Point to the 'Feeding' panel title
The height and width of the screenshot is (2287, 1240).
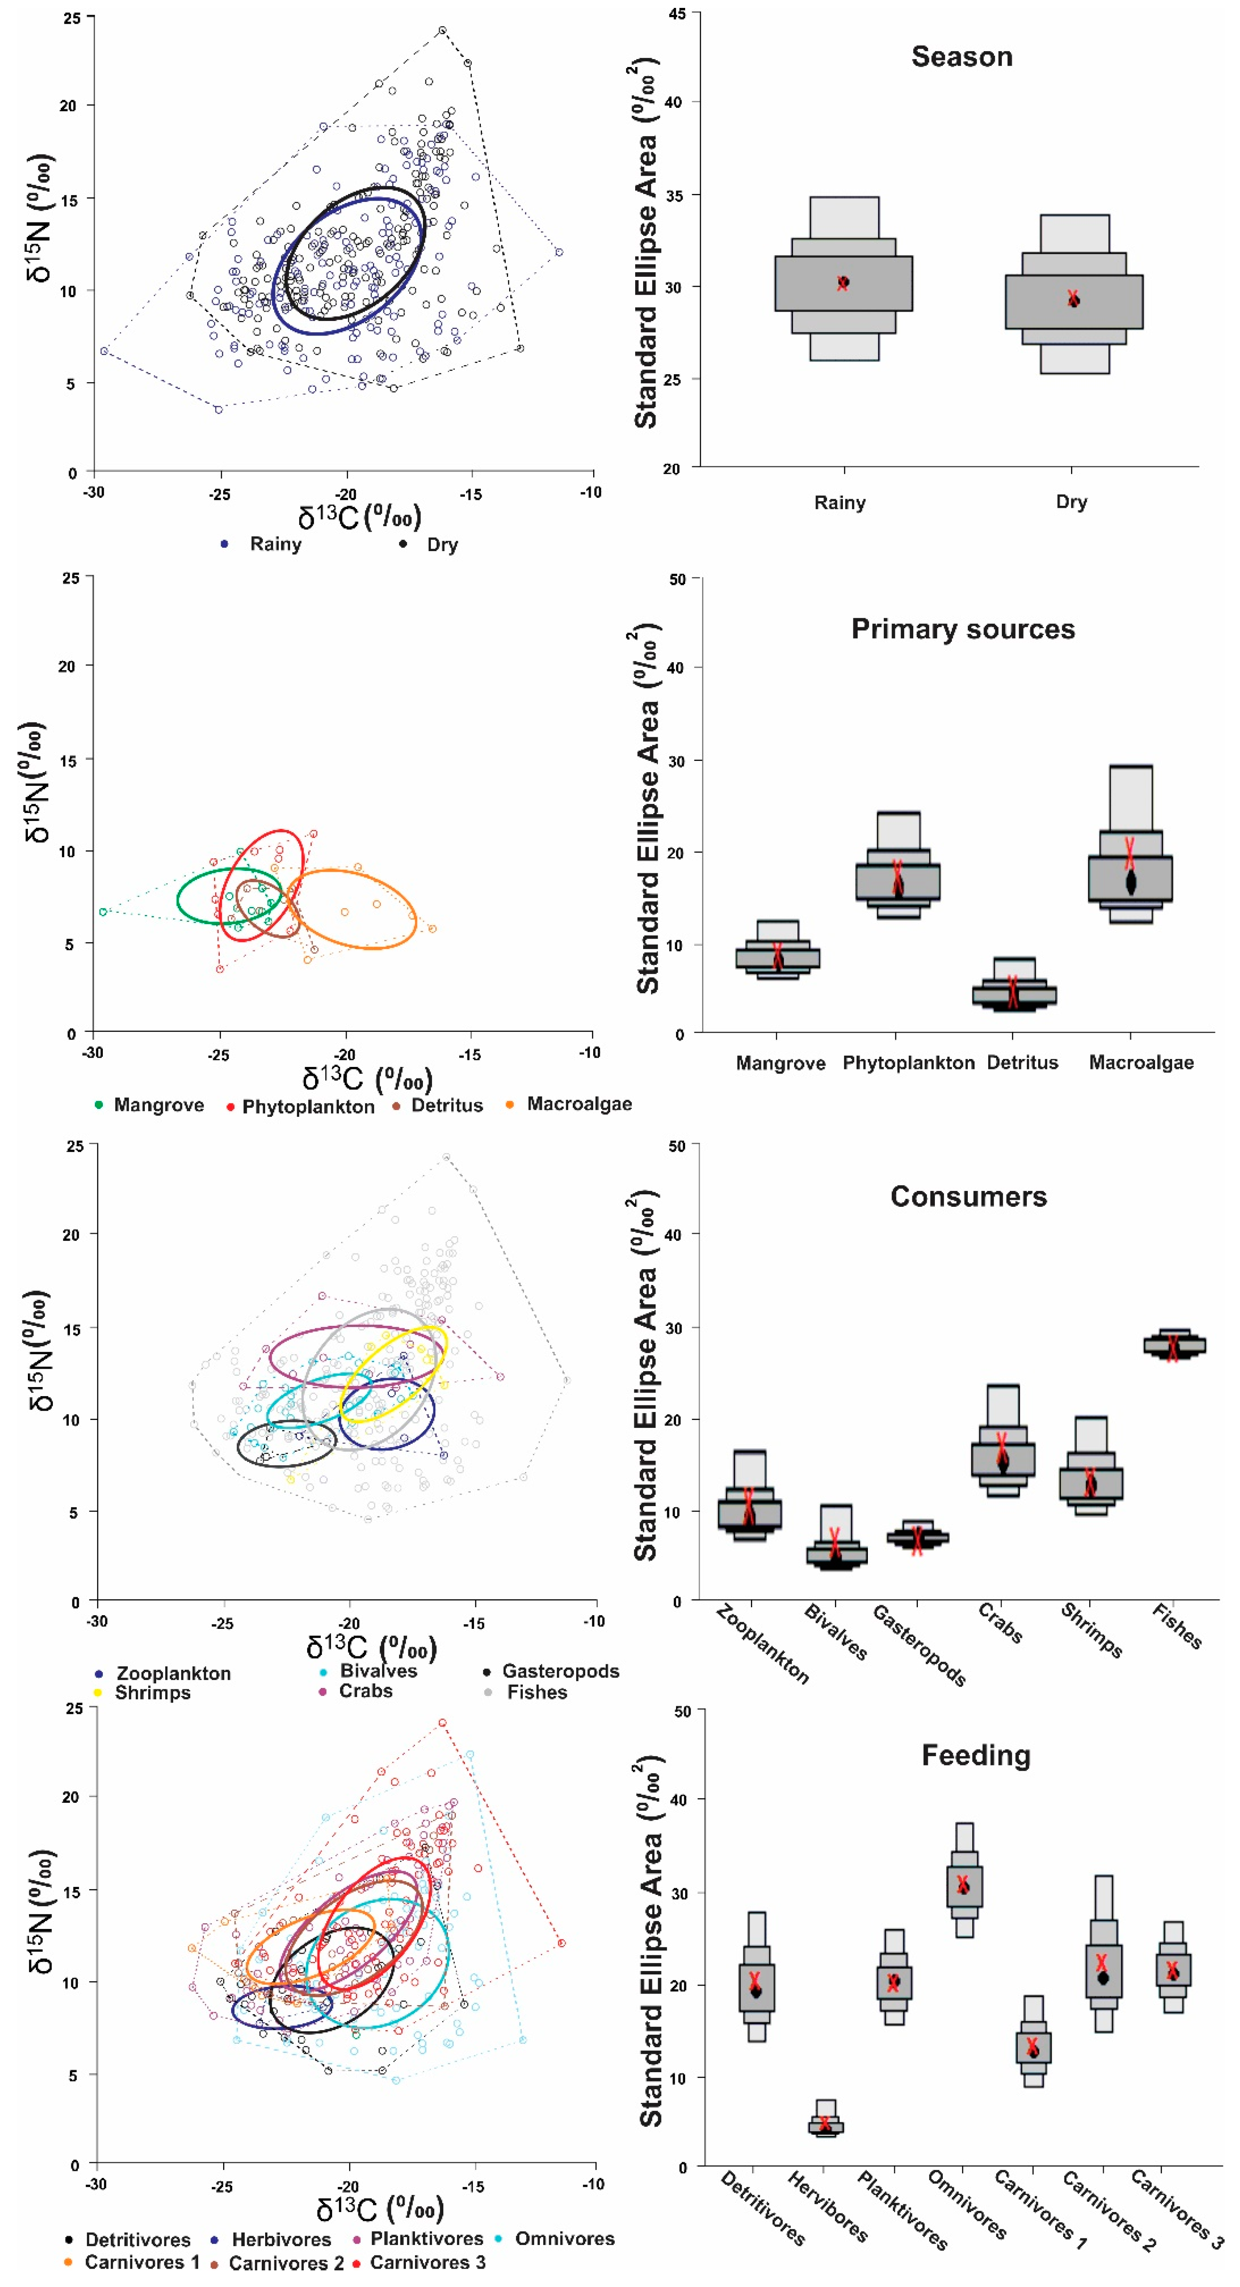[976, 1755]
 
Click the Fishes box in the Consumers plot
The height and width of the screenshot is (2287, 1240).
[1173, 1346]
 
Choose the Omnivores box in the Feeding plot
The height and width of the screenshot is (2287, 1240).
[964, 1887]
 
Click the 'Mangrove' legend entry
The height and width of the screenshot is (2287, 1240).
[158, 1105]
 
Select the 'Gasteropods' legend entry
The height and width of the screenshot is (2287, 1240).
[560, 1671]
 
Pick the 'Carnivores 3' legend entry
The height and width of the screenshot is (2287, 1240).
[427, 2262]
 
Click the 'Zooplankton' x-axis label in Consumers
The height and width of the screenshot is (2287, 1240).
[763, 1644]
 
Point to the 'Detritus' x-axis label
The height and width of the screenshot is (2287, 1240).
[1023, 1063]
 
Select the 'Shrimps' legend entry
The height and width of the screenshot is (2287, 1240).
[152, 1692]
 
